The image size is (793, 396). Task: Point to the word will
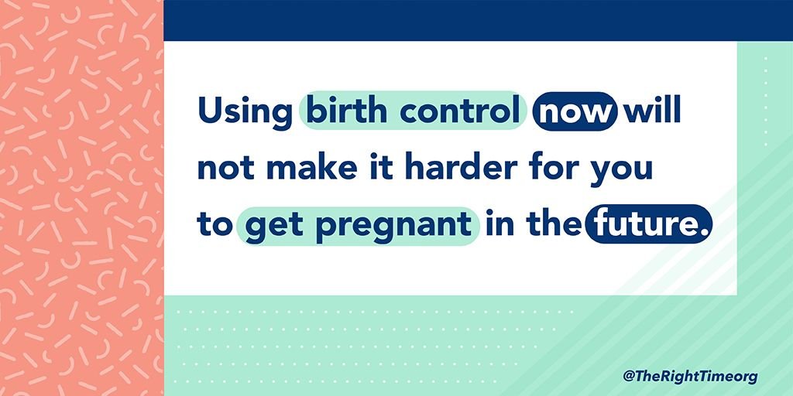(x=653, y=111)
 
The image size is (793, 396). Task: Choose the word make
(x=304, y=168)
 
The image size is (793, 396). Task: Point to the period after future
(x=701, y=233)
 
